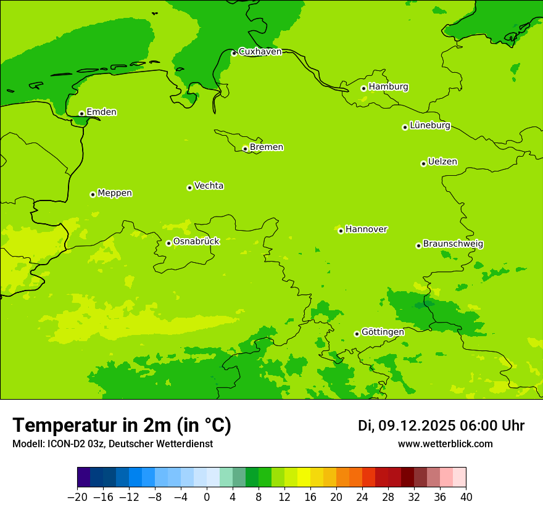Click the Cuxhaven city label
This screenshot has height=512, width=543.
pyautogui.click(x=260, y=52)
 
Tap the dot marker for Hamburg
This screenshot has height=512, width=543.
pyautogui.click(x=364, y=88)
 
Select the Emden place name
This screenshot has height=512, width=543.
pyautogui.click(x=101, y=112)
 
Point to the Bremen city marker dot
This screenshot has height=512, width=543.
pyautogui.click(x=245, y=149)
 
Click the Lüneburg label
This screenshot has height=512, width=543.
pyautogui.click(x=430, y=126)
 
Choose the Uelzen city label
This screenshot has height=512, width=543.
pyautogui.click(x=442, y=162)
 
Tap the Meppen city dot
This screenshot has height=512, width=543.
pyautogui.click(x=93, y=194)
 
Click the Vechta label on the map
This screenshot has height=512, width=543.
pyautogui.click(x=209, y=186)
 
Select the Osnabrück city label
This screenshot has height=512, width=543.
pyautogui.click(x=196, y=242)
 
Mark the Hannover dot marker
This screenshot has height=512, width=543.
pyautogui.click(x=341, y=231)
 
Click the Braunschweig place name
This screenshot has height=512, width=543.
pyautogui.click(x=453, y=244)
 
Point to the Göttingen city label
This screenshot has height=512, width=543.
pyautogui.click(x=383, y=332)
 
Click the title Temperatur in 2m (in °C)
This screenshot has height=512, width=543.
pyautogui.click(x=122, y=426)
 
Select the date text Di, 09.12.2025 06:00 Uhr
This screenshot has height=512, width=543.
pyautogui.click(x=441, y=426)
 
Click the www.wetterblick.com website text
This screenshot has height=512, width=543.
pyautogui.click(x=445, y=444)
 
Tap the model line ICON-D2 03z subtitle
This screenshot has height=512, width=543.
pyautogui.click(x=112, y=444)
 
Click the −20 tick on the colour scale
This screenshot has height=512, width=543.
pyautogui.click(x=77, y=497)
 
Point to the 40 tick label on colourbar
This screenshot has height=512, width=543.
pyautogui.click(x=466, y=497)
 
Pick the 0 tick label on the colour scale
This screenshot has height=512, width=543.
pyautogui.click(x=207, y=497)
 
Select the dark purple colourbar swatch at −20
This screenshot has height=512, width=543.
pyautogui.click(x=83, y=477)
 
